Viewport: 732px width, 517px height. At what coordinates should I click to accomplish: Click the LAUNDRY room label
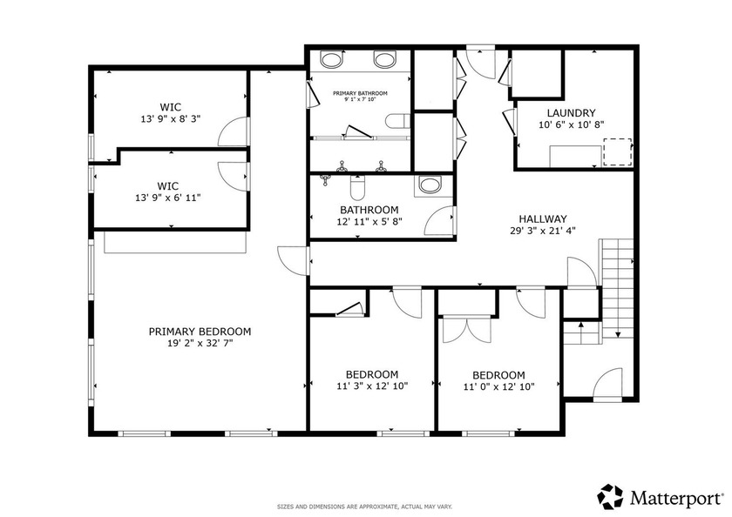(571, 113)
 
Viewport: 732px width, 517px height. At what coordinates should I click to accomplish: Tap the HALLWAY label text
(543, 218)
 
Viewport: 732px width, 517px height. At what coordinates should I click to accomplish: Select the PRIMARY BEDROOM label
(200, 332)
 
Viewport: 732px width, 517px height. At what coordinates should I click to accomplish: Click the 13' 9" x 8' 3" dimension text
(171, 119)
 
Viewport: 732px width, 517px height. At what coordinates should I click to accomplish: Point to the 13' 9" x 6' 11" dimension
(168, 198)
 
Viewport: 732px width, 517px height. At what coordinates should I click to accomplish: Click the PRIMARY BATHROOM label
(360, 93)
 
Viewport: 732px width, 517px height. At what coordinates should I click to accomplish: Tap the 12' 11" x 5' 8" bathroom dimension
(369, 221)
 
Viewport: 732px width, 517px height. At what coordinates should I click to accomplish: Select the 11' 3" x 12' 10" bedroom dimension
(372, 386)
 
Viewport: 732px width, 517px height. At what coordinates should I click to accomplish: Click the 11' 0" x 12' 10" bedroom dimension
(498, 386)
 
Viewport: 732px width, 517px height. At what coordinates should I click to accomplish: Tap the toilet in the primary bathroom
(397, 121)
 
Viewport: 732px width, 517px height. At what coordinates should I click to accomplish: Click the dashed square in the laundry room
(617, 151)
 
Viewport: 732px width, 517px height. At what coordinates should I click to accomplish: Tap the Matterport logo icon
(610, 496)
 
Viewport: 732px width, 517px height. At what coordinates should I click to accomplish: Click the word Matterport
(675, 498)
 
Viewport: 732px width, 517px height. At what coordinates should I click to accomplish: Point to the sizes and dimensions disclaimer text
(364, 507)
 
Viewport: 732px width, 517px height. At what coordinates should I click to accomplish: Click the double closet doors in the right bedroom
(466, 330)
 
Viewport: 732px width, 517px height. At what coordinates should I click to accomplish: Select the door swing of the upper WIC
(234, 131)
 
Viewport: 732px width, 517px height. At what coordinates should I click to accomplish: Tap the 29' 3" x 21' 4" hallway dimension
(543, 231)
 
